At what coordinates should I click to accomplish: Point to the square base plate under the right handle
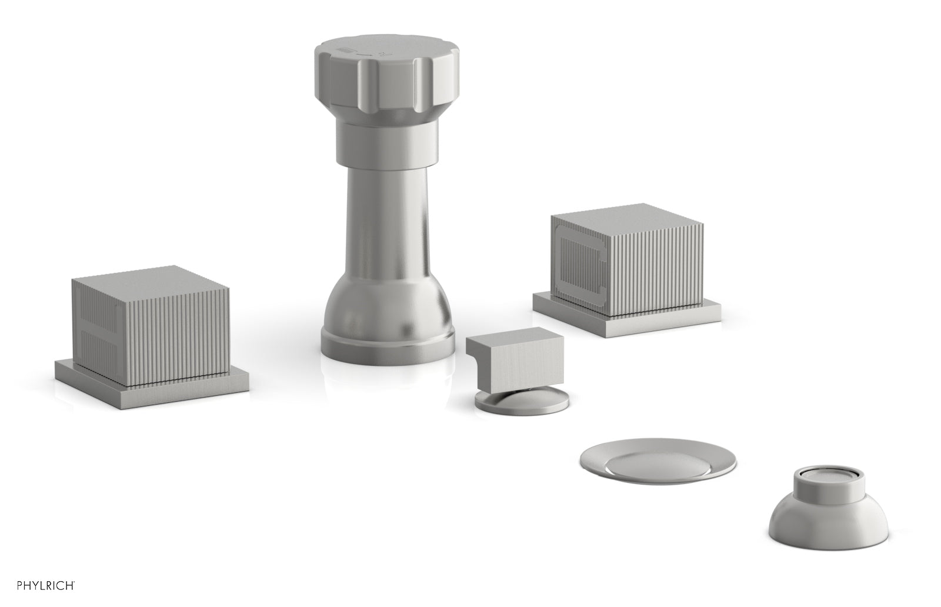coord(627,315)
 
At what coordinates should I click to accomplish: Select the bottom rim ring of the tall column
coord(388,348)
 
